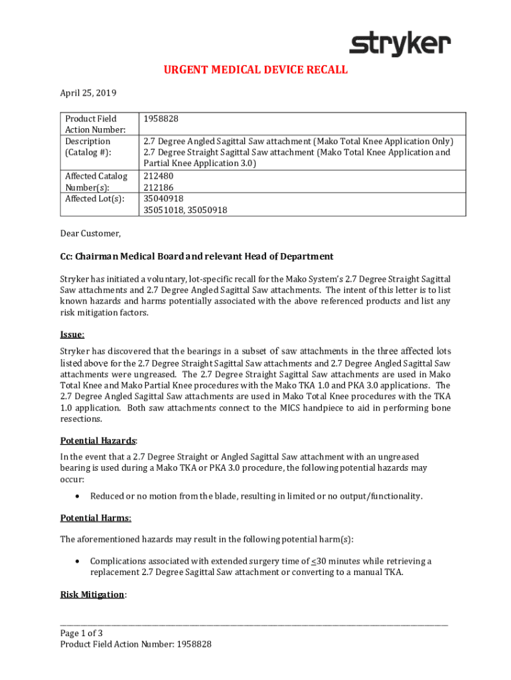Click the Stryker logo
(400, 44)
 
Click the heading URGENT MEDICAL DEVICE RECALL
(256, 70)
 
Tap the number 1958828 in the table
(161, 119)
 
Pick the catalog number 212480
(157, 176)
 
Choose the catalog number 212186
(157, 187)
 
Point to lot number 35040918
(163, 199)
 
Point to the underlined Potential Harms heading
(96, 518)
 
